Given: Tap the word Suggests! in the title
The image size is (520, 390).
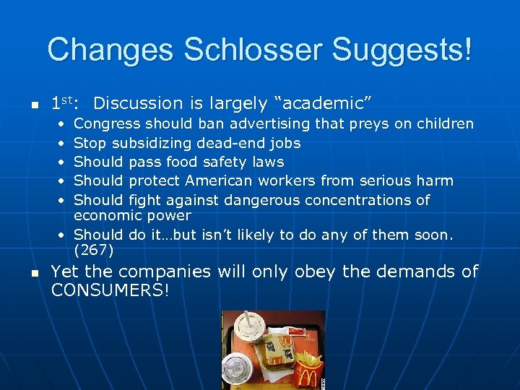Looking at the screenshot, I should click(x=404, y=50).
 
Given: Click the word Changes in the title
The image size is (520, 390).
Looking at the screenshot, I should click(x=111, y=50).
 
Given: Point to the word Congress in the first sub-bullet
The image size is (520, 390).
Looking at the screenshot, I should click(x=105, y=124).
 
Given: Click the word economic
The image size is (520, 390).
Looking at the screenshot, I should click(x=108, y=215).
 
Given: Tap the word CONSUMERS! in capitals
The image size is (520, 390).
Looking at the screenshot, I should click(x=109, y=290).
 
